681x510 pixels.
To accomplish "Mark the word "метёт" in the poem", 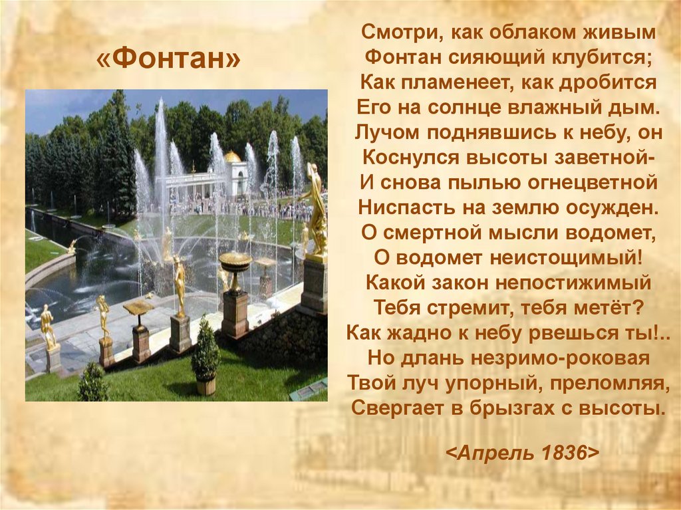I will (x=609, y=307).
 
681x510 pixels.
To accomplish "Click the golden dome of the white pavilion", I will (x=232, y=157).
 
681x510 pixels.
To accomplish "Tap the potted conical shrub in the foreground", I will (x=205, y=356).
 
